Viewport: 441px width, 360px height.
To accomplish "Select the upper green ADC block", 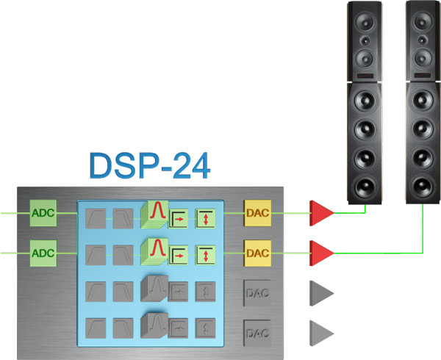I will point(42,214).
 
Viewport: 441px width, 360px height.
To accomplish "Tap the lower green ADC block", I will point(42,252).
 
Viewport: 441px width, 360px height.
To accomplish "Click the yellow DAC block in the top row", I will point(257,214).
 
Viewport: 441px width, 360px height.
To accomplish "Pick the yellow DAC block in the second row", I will point(257,253).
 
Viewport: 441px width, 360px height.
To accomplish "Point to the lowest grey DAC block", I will point(257,333).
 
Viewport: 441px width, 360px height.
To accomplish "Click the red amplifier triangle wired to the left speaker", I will point(320,212).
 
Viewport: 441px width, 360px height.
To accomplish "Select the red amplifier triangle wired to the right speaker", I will point(320,252).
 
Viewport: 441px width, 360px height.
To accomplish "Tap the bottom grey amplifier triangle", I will point(320,331).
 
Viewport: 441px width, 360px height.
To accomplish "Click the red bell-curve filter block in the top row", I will point(156,213).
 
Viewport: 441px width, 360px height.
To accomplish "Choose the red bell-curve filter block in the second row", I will point(156,252).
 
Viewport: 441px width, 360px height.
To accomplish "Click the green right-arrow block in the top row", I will point(179,217).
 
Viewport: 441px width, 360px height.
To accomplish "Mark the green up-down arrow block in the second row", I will point(205,255).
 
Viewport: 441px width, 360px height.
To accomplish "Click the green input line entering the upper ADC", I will point(14,214).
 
